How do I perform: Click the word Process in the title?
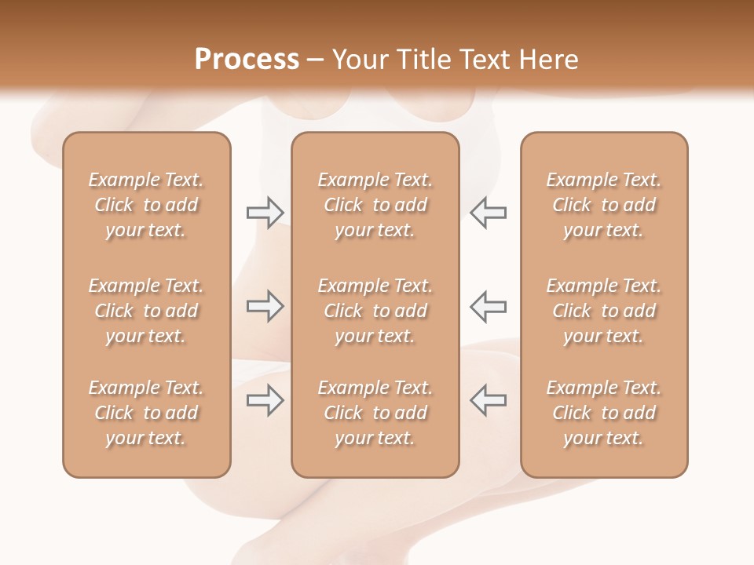247,60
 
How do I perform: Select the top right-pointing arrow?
265,212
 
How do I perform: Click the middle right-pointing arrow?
265,306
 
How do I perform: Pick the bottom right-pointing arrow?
265,400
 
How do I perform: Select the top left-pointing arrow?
488,212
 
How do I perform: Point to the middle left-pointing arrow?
488,306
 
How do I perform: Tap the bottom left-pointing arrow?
488,400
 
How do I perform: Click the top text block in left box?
146,205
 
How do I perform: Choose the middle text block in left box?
146,311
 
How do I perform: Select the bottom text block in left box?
146,413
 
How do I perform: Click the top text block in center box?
375,205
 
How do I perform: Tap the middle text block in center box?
375,311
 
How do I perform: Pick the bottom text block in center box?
375,413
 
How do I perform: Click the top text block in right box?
604,205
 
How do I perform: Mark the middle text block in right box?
604,311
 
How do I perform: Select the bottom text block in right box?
604,413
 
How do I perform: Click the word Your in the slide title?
358,60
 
